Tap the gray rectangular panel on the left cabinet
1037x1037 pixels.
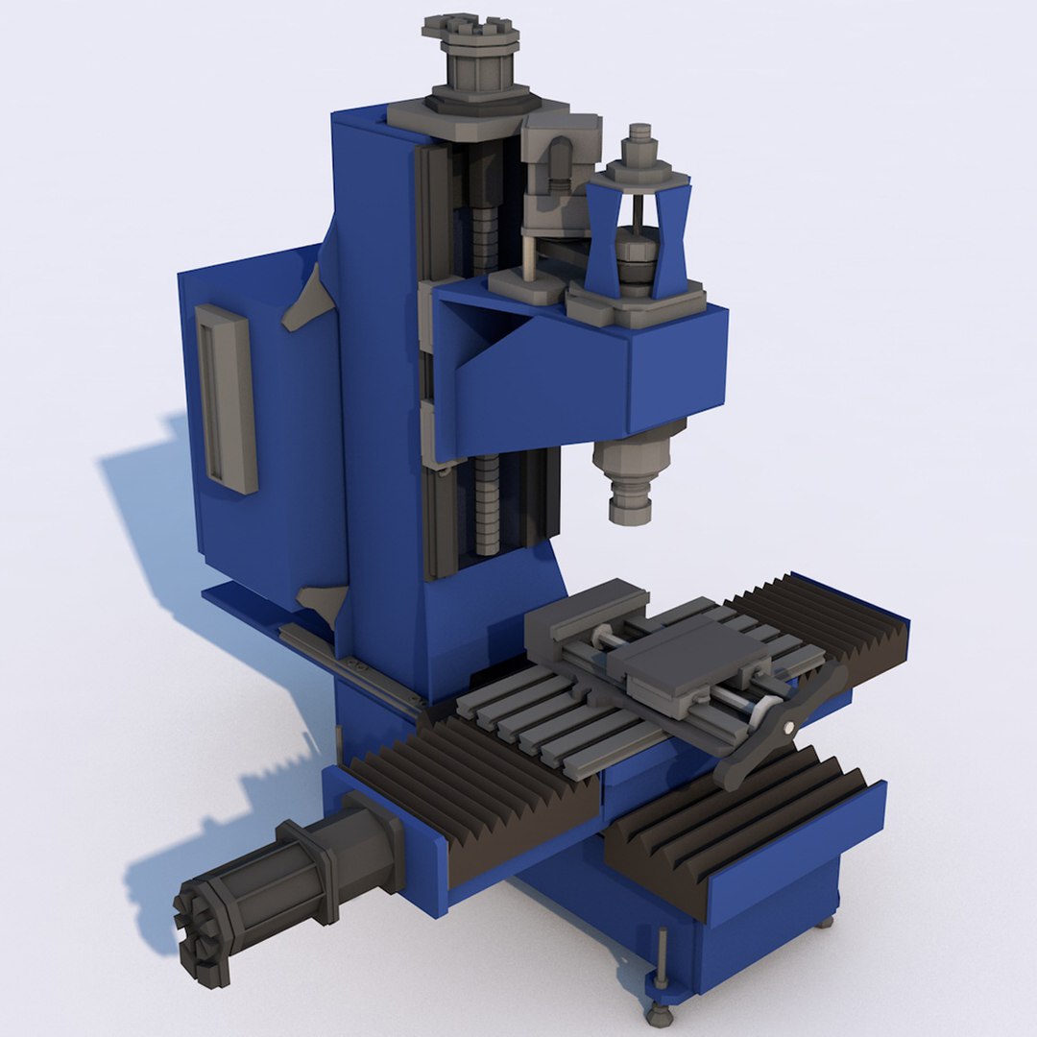point(227,398)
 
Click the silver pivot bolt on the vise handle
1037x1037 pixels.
point(789,727)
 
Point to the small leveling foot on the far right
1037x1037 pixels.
point(824,923)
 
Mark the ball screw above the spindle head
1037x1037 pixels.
point(485,221)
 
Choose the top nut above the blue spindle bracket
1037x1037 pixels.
point(638,145)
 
